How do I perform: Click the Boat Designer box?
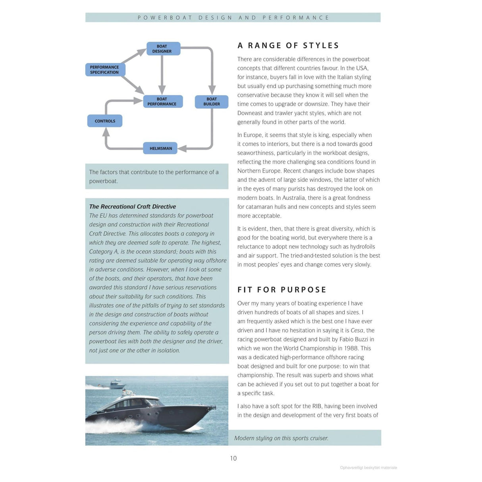click(x=163, y=49)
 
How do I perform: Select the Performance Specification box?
click(x=105, y=70)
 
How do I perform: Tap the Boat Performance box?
click(x=163, y=102)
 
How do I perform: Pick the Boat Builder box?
click(x=212, y=102)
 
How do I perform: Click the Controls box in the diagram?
click(x=105, y=121)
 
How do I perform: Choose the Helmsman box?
click(x=160, y=148)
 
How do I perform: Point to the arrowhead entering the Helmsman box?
click(x=182, y=148)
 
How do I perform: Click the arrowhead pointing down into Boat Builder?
click(x=212, y=90)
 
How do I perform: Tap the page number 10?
click(x=233, y=458)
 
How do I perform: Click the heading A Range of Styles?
click(x=288, y=46)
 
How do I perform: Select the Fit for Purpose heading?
click(x=282, y=290)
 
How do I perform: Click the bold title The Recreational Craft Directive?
click(x=133, y=206)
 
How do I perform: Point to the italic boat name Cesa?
click(x=357, y=330)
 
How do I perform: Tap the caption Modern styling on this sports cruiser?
click(x=281, y=438)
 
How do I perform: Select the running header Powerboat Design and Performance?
click(x=233, y=17)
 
